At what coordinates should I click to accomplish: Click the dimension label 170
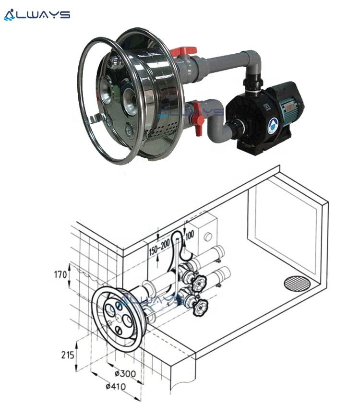coord(60,276)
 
